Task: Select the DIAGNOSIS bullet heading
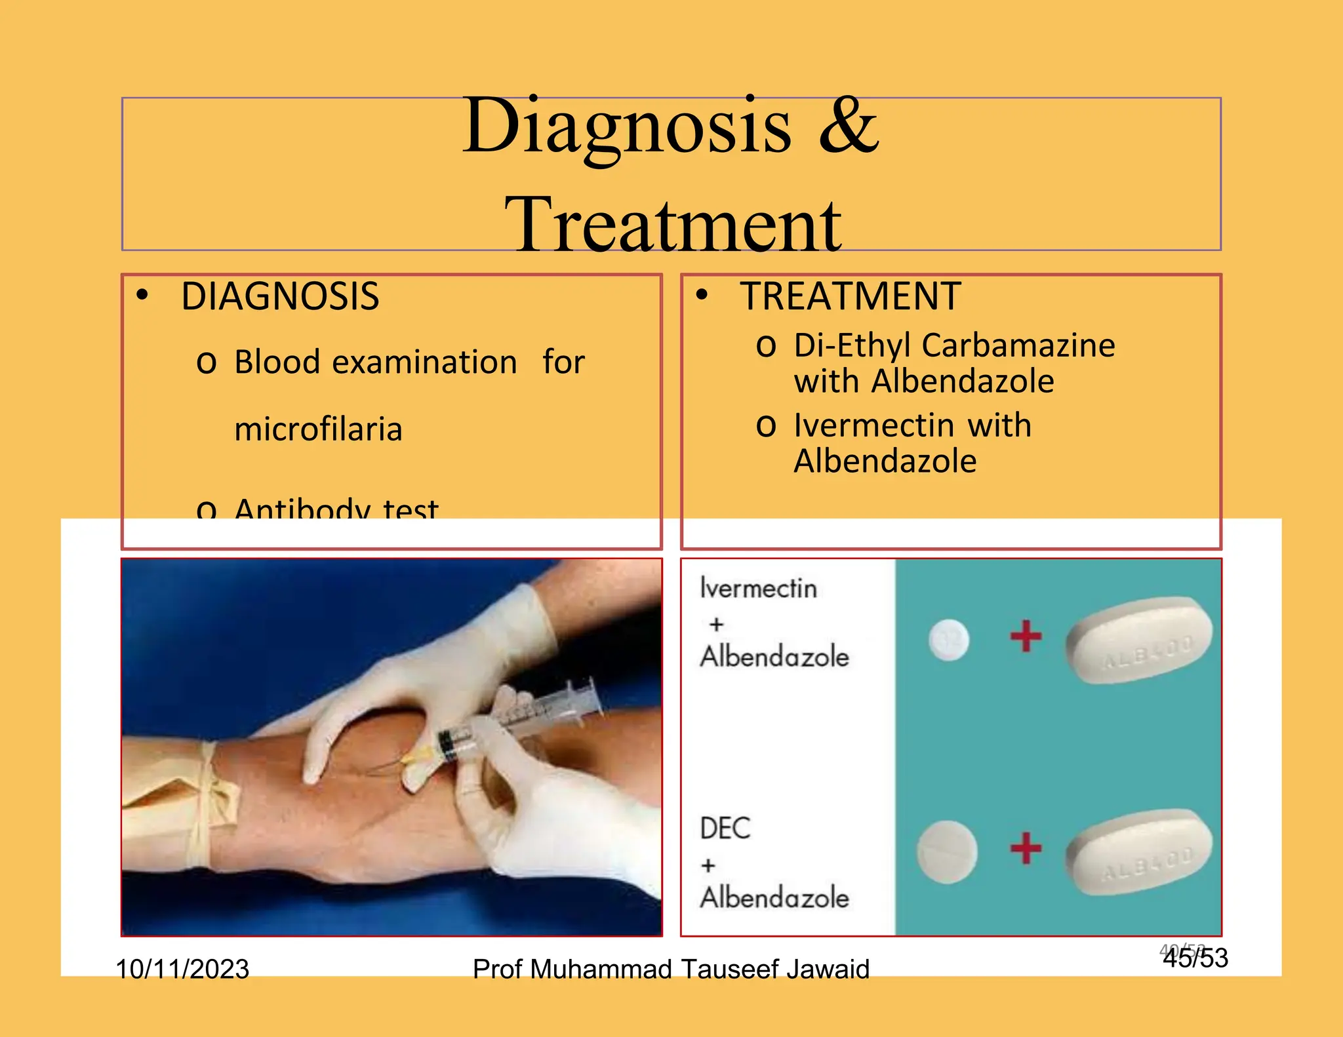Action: [x=280, y=296]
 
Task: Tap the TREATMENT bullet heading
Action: [x=851, y=296]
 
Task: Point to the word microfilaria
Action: [x=318, y=429]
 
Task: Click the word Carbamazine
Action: [x=1022, y=345]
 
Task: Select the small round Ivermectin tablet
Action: [x=949, y=639]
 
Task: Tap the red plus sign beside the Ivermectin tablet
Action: [x=1026, y=636]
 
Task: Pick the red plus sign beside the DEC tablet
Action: [x=1026, y=848]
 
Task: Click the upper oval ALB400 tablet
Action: [x=1140, y=639]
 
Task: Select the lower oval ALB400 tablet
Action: [x=1140, y=851]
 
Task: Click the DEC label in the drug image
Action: [x=725, y=829]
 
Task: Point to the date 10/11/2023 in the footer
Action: [x=182, y=968]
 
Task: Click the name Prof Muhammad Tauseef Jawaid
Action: [x=671, y=968]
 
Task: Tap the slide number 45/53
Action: [x=1195, y=958]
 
